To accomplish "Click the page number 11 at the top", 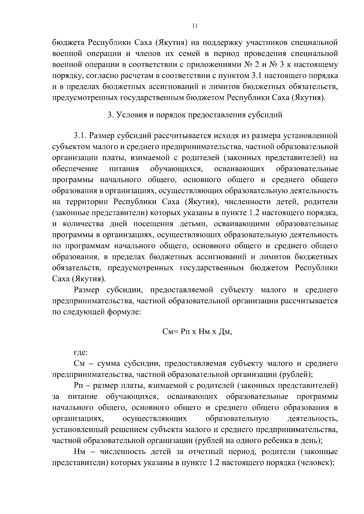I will pos(195,26).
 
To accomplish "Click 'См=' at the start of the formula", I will pos(170,332).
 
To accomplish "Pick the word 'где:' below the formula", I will pos(81,353).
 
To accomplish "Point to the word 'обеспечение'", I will pos(75,169).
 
